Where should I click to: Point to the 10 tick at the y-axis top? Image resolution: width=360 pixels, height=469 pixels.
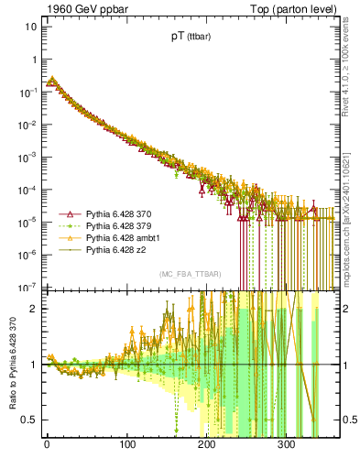point(30,27)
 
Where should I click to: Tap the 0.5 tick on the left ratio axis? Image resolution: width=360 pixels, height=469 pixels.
point(27,420)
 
